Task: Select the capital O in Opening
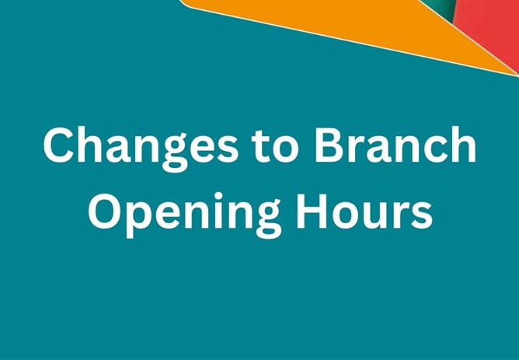(106, 208)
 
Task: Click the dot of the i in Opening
(215, 189)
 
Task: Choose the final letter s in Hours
(423, 211)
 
